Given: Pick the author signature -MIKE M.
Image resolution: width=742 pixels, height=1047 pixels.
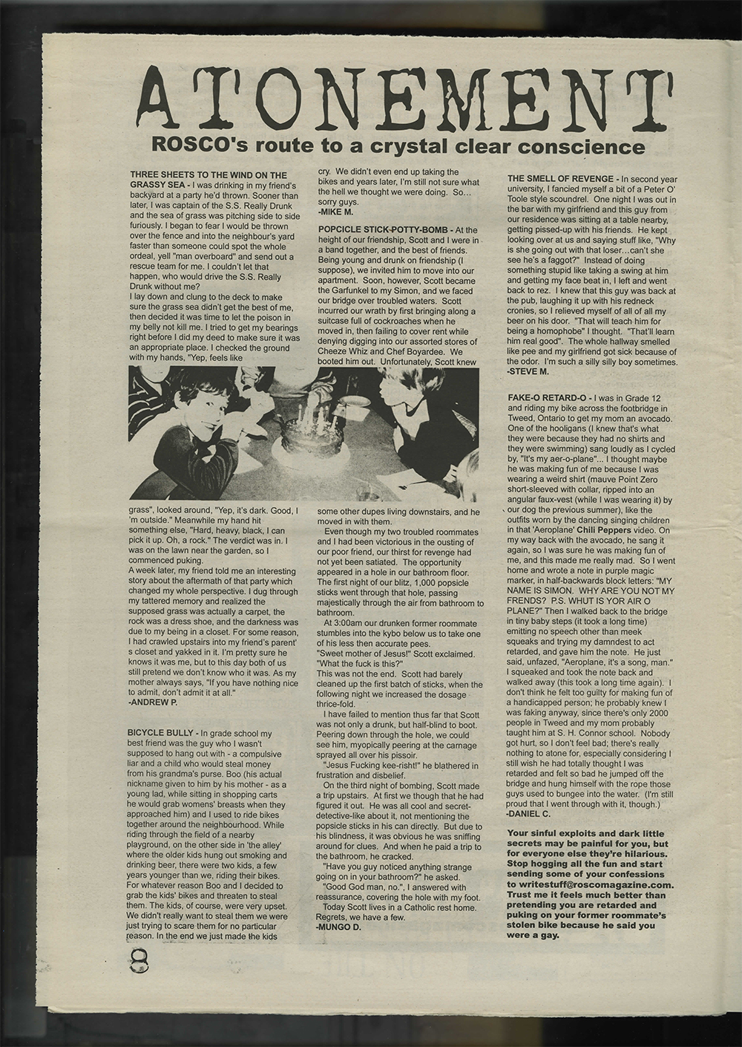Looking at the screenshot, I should [x=335, y=212].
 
